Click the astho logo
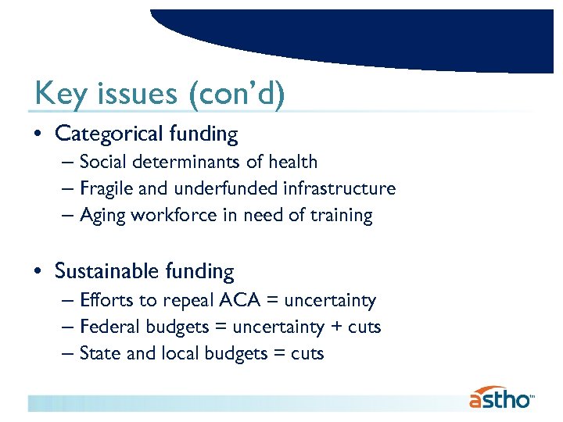pos(501,398)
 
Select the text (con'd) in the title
pos(236,95)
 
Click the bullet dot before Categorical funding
pos(39,134)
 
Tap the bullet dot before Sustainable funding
pos(39,271)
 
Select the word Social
pos(102,163)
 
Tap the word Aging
pos(101,215)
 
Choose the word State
pos(100,353)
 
